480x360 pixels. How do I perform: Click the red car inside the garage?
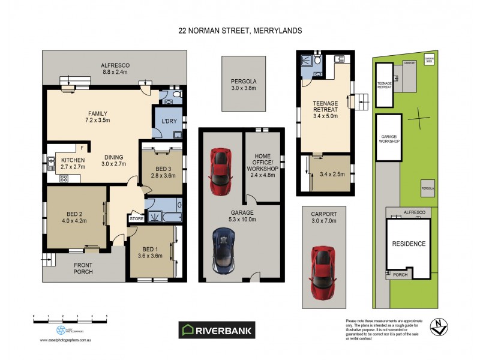click(x=220, y=168)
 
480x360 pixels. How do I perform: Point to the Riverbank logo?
click(x=217, y=329)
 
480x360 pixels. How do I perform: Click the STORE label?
click(x=136, y=220)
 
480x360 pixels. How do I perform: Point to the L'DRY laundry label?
click(x=168, y=121)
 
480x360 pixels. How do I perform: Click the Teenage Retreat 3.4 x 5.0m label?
click(x=326, y=110)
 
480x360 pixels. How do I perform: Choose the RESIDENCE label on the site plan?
click(x=409, y=244)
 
